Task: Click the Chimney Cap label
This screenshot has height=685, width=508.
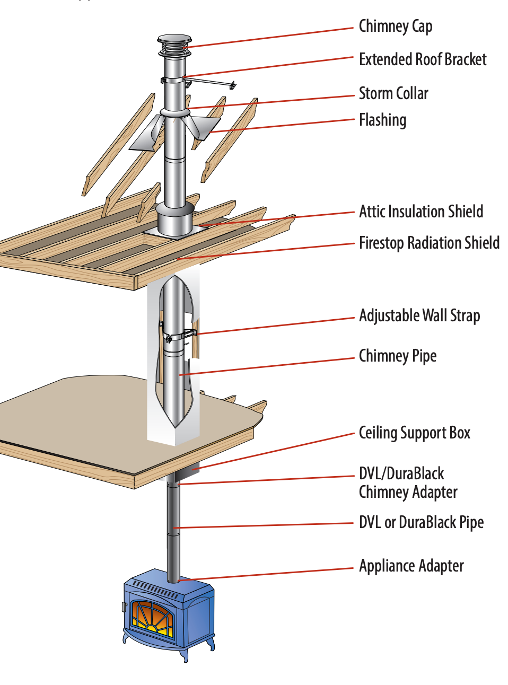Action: pyautogui.click(x=395, y=27)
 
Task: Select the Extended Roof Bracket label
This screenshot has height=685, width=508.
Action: pyautogui.click(x=422, y=59)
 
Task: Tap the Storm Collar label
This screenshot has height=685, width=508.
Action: pyautogui.click(x=393, y=93)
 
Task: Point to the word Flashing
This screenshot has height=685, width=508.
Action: pyautogui.click(x=382, y=120)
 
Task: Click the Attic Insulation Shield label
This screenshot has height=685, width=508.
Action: pyautogui.click(x=421, y=212)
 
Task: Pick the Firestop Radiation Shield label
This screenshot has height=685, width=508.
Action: pyautogui.click(x=428, y=243)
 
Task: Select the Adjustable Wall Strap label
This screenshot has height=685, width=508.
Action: pyautogui.click(x=419, y=315)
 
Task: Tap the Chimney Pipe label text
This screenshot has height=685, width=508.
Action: pyautogui.click(x=397, y=356)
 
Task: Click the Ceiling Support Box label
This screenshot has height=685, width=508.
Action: pyautogui.click(x=414, y=433)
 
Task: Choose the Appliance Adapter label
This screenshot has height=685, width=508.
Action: pyautogui.click(x=411, y=566)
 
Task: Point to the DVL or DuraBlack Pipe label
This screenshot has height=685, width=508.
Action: pyautogui.click(x=421, y=522)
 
